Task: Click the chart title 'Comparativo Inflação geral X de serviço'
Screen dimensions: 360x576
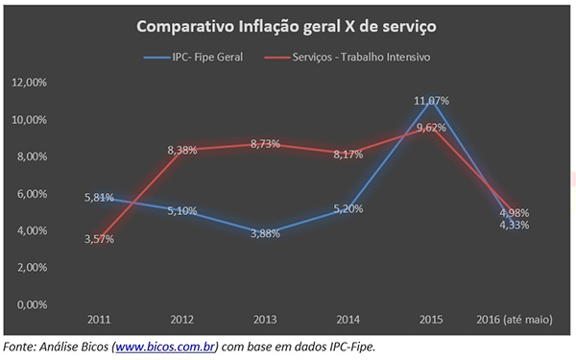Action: (288, 29)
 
